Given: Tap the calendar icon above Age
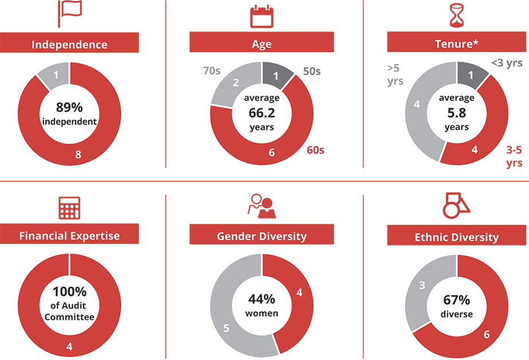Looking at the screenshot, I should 262,15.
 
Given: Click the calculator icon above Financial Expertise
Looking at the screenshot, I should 69,209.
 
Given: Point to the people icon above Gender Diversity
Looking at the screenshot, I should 261,207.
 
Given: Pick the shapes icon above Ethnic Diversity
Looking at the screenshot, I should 456,205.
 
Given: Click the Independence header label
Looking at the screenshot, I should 69,44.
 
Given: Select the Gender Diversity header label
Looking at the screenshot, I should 262,236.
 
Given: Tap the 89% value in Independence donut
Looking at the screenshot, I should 69,107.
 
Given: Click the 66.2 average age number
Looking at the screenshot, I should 262,113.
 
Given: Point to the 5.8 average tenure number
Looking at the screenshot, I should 456,113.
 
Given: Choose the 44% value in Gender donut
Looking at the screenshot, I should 262,299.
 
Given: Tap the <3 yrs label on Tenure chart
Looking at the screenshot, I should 506,62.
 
